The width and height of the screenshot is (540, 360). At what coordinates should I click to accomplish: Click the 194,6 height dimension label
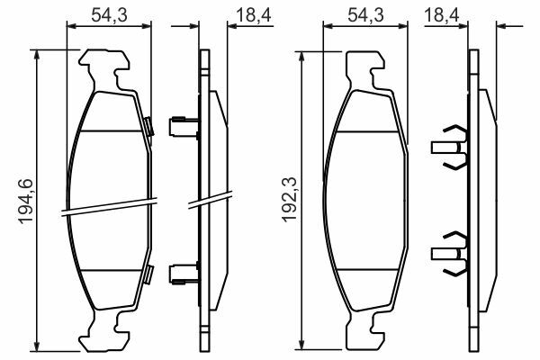[x=26, y=202]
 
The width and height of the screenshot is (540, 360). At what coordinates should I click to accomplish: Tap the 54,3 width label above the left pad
[x=109, y=15]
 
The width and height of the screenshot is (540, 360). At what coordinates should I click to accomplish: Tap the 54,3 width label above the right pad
[x=365, y=15]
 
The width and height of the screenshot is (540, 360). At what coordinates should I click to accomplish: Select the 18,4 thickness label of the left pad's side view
[x=254, y=15]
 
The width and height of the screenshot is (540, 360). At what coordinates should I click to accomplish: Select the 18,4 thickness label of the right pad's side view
[x=442, y=15]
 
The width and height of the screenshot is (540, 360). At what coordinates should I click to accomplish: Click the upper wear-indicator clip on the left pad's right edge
[x=148, y=126]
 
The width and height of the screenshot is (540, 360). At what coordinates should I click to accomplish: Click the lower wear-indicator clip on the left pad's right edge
[x=148, y=274]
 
